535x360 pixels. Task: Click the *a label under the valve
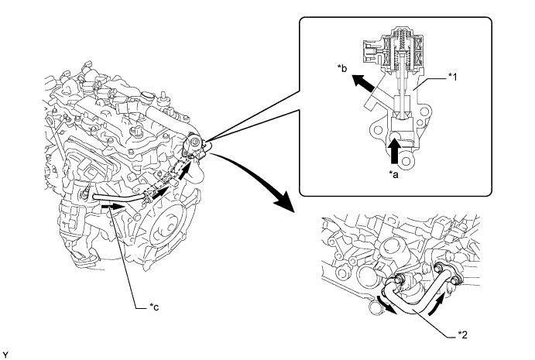pyautogui.click(x=394, y=175)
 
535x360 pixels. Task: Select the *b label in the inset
pyautogui.click(x=342, y=69)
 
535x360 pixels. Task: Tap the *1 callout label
pyautogui.click(x=452, y=77)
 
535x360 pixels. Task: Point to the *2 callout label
pyautogui.click(x=462, y=334)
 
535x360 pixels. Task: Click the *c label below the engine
pyautogui.click(x=154, y=307)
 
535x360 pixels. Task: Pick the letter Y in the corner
pyautogui.click(x=5, y=355)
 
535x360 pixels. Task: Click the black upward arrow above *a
pyautogui.click(x=395, y=151)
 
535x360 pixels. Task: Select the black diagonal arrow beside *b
pyautogui.click(x=365, y=84)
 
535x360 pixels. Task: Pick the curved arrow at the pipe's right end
pyautogui.click(x=437, y=304)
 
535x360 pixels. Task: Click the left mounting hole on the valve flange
pyautogui.click(x=377, y=130)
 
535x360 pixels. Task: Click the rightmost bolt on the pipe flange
pyautogui.click(x=455, y=280)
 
